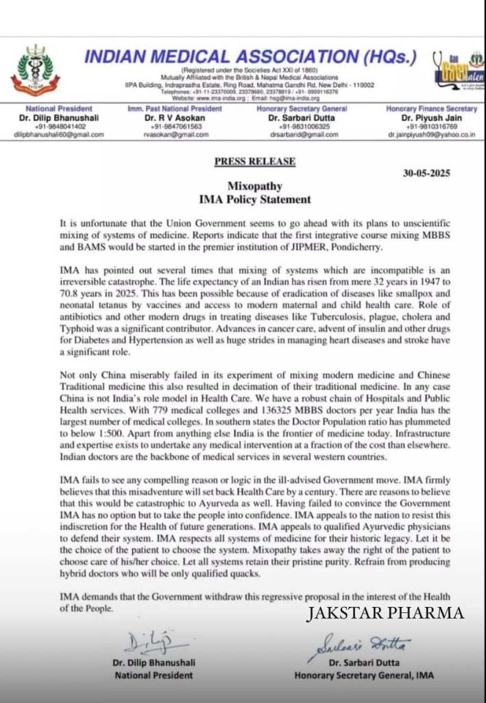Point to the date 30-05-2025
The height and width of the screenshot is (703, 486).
[x=426, y=173]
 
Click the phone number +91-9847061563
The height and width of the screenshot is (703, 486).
[x=174, y=126]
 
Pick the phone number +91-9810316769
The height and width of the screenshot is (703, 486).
[x=431, y=126]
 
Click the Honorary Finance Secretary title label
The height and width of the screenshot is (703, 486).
[x=431, y=109]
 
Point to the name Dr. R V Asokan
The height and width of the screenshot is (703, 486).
[x=174, y=117]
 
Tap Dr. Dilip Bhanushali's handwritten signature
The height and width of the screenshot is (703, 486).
[x=148, y=643]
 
